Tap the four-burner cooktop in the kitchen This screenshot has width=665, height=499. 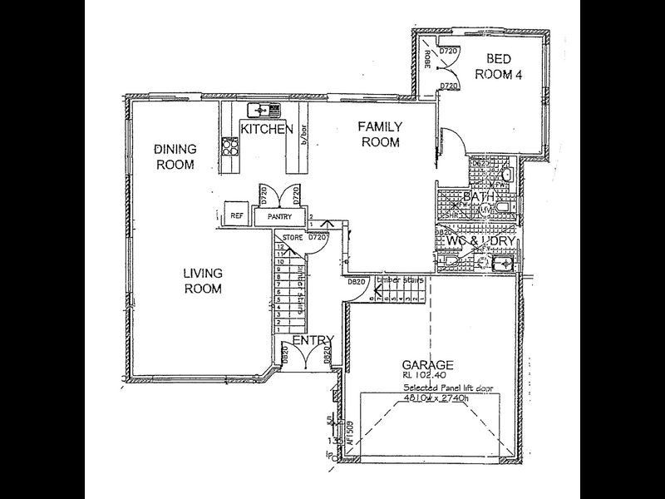click(231, 147)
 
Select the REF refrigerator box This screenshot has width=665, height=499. click(235, 215)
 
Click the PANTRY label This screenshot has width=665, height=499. click(279, 216)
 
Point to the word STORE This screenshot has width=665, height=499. click(292, 238)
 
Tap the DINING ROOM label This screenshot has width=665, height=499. click(175, 157)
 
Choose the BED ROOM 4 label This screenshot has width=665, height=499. click(497, 67)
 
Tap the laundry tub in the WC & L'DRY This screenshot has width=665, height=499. click(501, 264)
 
